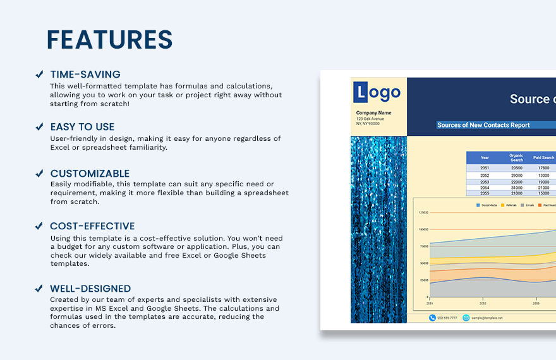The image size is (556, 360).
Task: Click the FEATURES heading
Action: [x=109, y=40]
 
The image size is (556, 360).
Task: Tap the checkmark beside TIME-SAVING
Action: [x=39, y=75]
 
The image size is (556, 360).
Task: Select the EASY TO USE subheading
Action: [x=82, y=127]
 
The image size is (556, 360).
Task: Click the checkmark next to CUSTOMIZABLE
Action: [x=39, y=174]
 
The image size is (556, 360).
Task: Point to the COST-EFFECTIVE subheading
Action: [x=92, y=226]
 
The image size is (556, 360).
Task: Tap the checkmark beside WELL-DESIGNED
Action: [x=39, y=289]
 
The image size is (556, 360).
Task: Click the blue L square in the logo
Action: [x=360, y=93]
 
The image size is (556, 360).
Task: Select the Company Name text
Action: [x=373, y=113]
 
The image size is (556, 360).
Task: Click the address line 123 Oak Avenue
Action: [x=370, y=119]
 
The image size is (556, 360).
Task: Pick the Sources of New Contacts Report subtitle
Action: [x=483, y=125]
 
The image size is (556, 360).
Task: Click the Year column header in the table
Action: [x=485, y=158]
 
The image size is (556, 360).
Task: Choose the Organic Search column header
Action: [x=516, y=158]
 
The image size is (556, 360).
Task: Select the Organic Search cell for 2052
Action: [x=516, y=175]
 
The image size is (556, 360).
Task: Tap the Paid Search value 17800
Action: [x=543, y=168]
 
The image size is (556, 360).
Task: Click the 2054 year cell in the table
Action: [x=485, y=188]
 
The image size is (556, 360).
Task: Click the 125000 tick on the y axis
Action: [x=423, y=213]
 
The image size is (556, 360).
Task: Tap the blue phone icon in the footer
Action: [x=432, y=318]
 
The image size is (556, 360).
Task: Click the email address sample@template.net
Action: [x=486, y=318]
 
